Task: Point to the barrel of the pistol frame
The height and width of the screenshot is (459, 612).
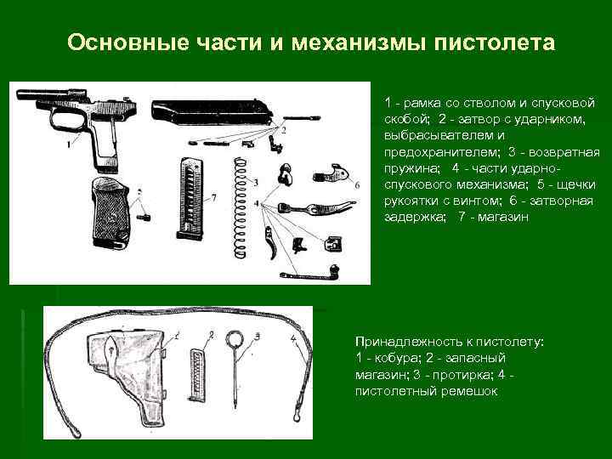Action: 43,94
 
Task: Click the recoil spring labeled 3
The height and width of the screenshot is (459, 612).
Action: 240,207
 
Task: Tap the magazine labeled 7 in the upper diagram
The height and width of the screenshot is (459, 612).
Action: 190,199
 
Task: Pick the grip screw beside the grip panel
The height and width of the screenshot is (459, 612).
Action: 144,216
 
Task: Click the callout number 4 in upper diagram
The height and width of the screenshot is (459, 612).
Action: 257,204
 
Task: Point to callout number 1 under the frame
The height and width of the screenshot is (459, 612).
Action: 69,144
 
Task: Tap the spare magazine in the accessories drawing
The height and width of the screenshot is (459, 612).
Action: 197,375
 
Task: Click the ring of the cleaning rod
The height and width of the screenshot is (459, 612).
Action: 235,338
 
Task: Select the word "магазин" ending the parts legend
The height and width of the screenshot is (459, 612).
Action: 503,217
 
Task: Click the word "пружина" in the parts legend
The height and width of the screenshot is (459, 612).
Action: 411,169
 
